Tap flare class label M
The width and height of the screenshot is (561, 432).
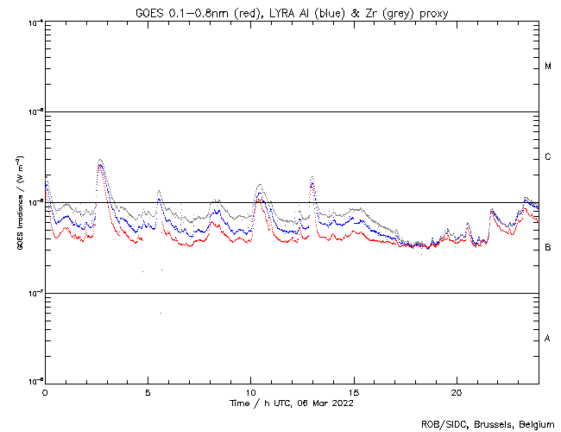(x=548, y=67)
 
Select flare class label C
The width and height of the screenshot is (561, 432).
(x=548, y=157)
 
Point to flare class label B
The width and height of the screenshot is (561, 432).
(x=548, y=248)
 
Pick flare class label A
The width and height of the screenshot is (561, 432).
(x=548, y=339)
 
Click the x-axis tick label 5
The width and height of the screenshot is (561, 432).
(x=148, y=391)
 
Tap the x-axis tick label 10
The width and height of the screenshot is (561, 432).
(x=250, y=391)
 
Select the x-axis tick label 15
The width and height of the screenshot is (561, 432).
(x=353, y=391)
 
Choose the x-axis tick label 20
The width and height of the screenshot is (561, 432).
(x=456, y=391)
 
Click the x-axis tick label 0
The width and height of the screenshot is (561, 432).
(x=45, y=391)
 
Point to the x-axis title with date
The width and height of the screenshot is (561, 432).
(x=291, y=403)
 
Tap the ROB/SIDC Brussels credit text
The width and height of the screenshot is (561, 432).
(x=488, y=423)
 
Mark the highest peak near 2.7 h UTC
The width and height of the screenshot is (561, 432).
(x=100, y=160)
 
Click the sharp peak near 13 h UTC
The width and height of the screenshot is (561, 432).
(x=311, y=176)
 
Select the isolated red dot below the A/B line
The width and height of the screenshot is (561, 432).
(x=161, y=313)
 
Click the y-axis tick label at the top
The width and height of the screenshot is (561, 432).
(x=35, y=22)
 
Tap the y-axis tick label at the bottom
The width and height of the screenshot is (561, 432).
(x=35, y=381)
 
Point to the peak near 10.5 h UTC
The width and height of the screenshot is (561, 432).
(x=260, y=185)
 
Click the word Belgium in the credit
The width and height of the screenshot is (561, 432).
(x=535, y=423)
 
